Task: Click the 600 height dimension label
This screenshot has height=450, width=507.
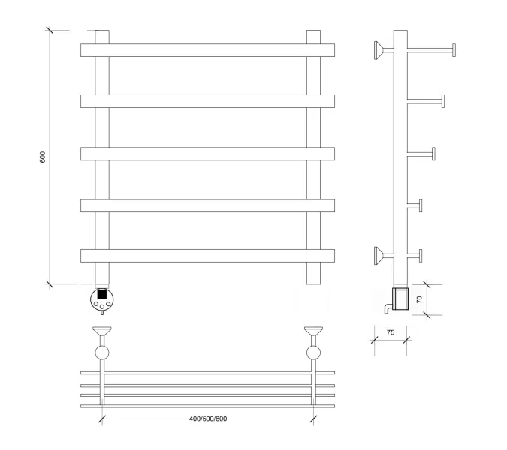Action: (x=43, y=157)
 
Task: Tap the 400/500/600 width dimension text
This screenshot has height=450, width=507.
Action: (x=208, y=418)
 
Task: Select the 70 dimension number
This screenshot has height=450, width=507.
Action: (x=419, y=299)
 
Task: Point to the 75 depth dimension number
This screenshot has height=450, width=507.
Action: (x=391, y=332)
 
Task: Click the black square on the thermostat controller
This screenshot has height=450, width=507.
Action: (x=102, y=295)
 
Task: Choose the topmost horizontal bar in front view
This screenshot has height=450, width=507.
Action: (x=207, y=50)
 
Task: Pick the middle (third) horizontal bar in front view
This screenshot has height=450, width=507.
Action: (x=207, y=154)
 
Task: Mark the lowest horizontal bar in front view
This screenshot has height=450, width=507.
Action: (x=207, y=256)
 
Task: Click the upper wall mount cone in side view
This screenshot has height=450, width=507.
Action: (x=379, y=50)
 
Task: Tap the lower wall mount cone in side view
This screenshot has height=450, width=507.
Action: (x=379, y=255)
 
